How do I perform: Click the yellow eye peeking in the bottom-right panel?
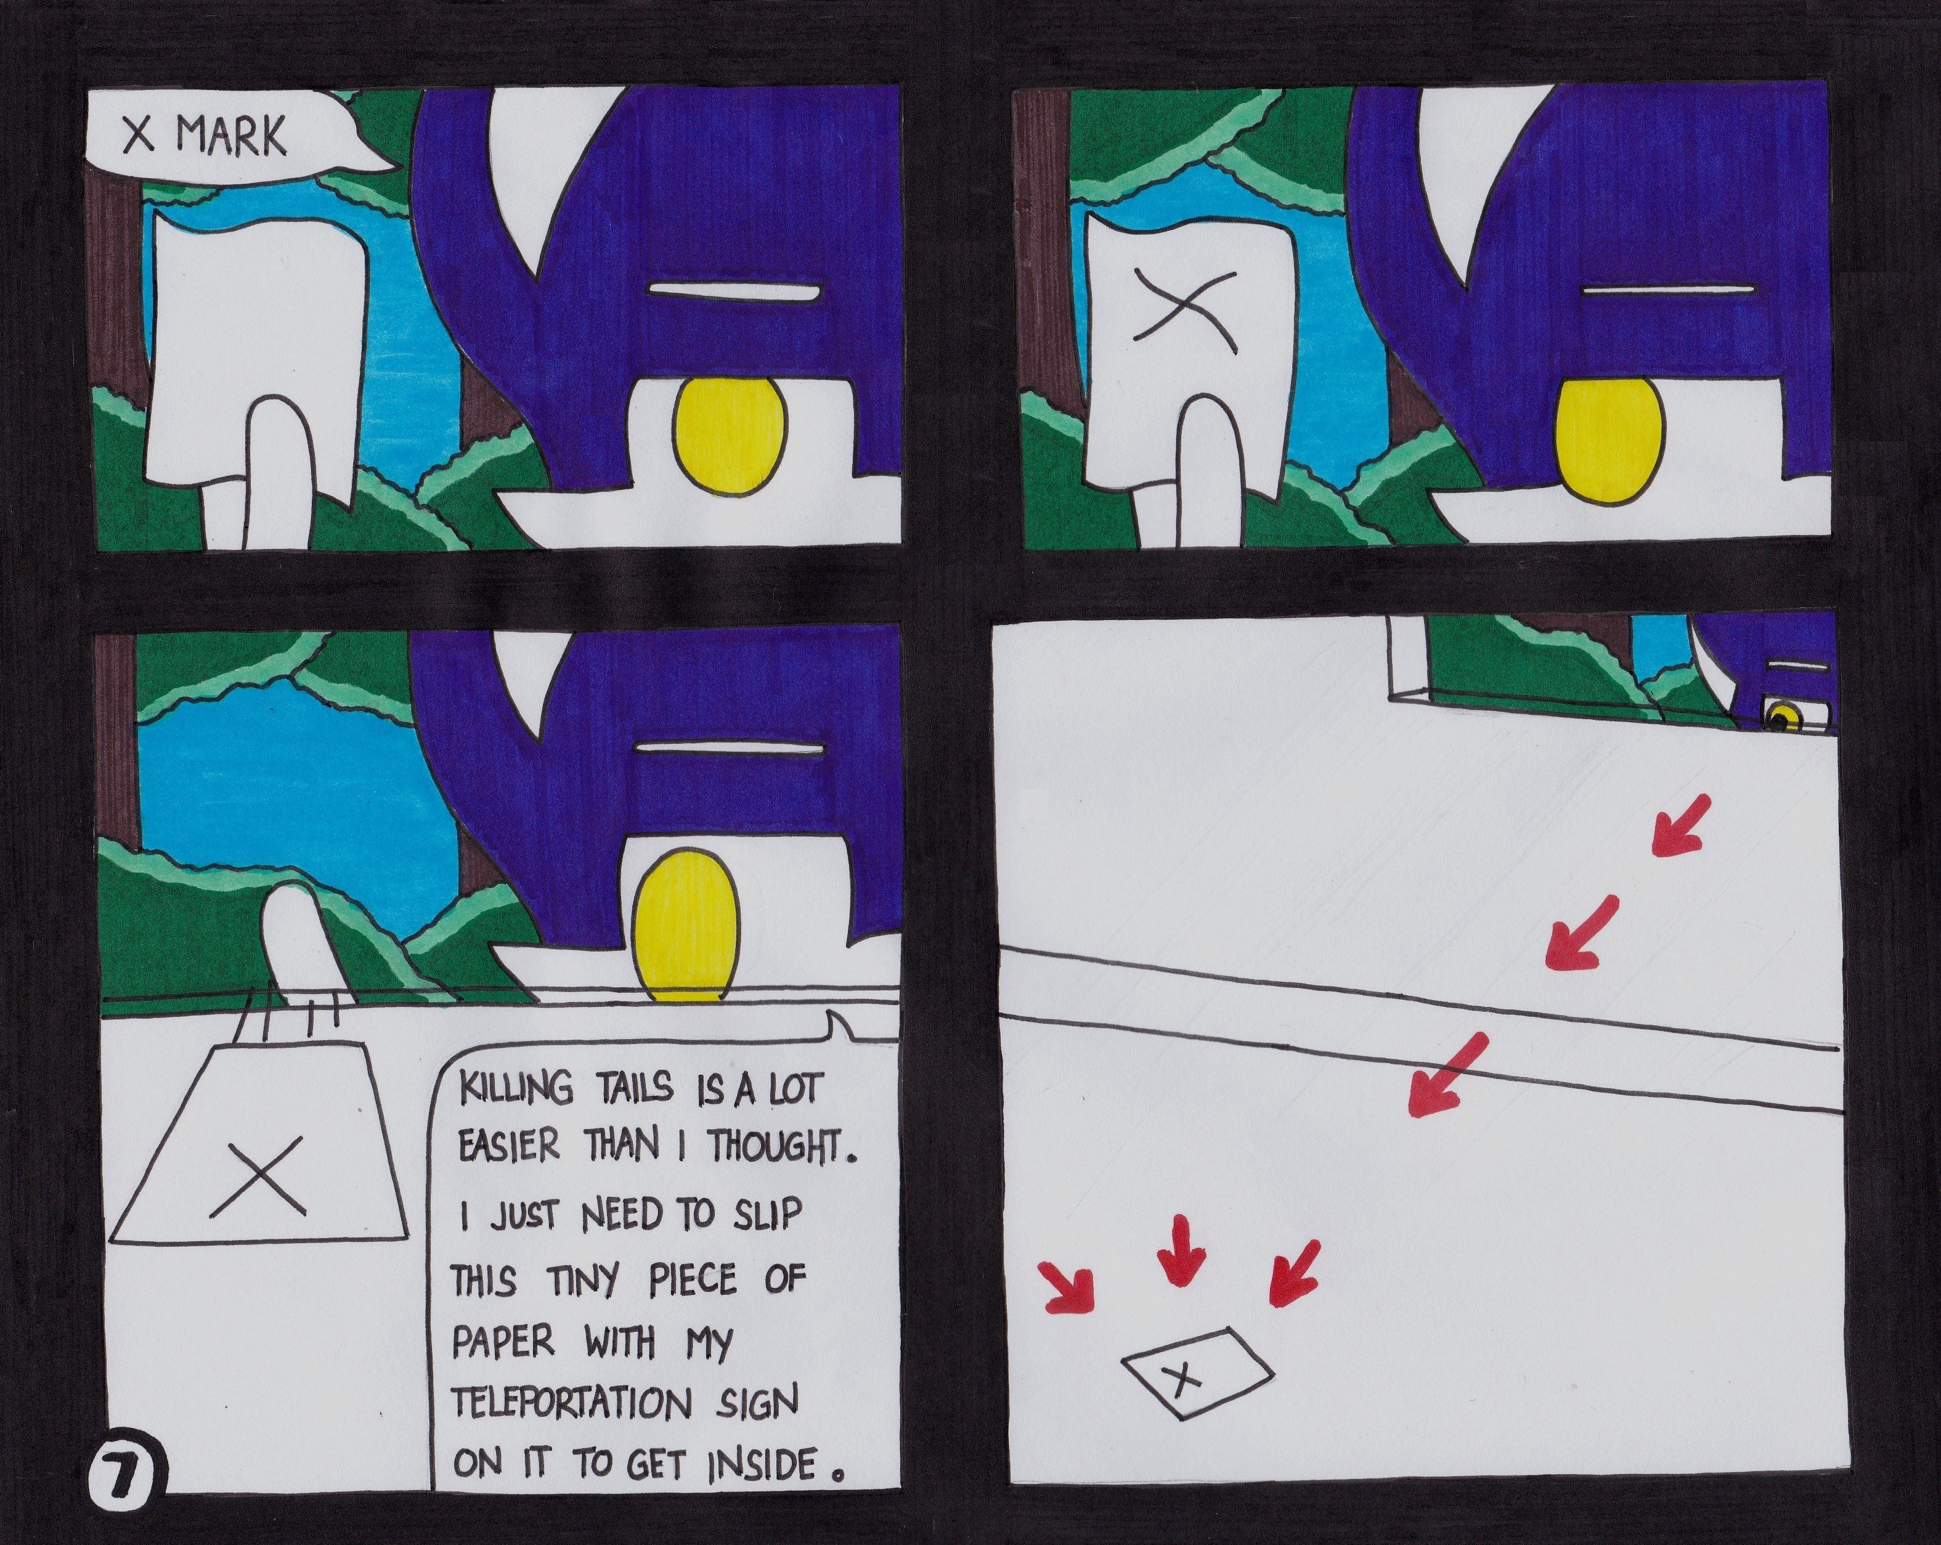[x=1780, y=717]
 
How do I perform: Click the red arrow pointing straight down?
[x=1180, y=1248]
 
